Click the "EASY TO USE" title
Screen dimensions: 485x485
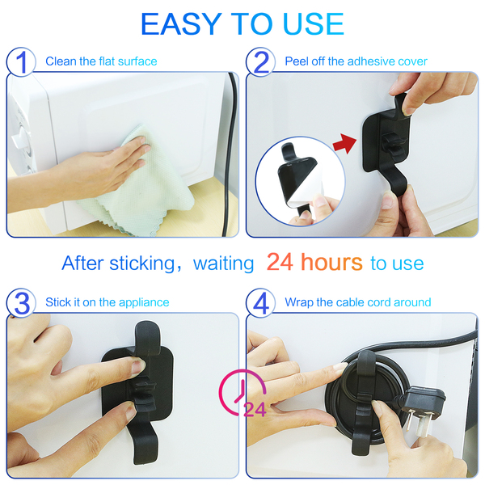pos(242,24)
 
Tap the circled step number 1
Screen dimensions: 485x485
pos(21,62)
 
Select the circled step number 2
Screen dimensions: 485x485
pos(261,62)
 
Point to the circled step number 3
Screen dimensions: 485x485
pos(21,303)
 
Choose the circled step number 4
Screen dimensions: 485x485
pos(261,303)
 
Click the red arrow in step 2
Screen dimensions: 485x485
pos(344,143)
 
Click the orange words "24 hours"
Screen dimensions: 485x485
pos(314,262)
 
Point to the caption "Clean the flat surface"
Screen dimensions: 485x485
pos(101,61)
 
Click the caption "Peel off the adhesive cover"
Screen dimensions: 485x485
pos(356,61)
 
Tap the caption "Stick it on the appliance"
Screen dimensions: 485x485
pos(108,302)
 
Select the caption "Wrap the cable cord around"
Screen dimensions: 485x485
pos(358,302)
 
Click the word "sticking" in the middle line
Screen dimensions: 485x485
pos(142,264)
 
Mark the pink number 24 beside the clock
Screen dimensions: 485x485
pos(255,410)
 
